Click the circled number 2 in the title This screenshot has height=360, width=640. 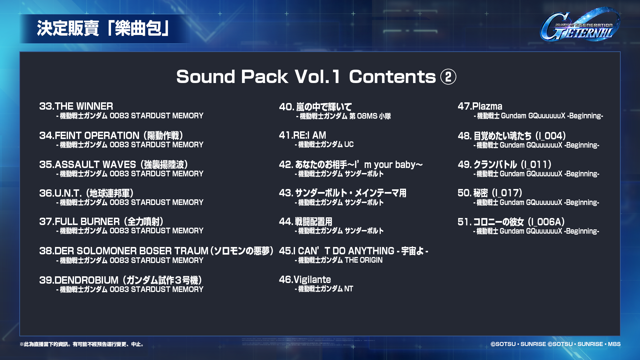click(x=448, y=77)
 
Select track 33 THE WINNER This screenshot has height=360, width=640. click(x=76, y=106)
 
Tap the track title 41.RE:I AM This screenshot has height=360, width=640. click(x=303, y=135)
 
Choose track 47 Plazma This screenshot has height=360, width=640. click(x=480, y=106)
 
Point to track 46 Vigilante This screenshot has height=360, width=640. click(x=305, y=280)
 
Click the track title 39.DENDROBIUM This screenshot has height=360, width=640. click(x=121, y=280)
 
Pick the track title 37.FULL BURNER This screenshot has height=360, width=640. click(x=101, y=222)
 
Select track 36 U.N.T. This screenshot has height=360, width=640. click(x=87, y=193)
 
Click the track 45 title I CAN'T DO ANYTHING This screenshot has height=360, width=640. click(x=354, y=251)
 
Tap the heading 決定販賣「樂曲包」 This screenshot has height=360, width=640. click(x=103, y=28)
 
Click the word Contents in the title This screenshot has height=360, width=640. click(x=392, y=77)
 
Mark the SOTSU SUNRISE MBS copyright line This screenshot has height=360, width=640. click(x=555, y=344)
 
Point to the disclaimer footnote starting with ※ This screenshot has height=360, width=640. click(x=82, y=344)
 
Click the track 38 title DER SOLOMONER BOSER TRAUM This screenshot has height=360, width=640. click(x=156, y=251)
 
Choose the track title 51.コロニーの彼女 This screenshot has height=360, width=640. click(x=511, y=222)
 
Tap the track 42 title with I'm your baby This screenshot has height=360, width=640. click(x=351, y=164)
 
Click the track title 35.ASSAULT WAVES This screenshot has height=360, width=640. click(x=114, y=165)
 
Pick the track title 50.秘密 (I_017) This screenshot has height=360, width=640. click(x=490, y=193)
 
